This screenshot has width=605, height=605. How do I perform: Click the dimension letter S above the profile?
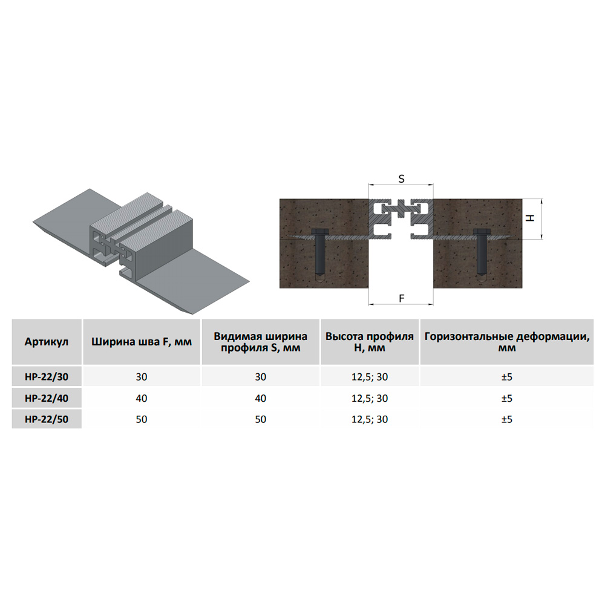click(401, 179)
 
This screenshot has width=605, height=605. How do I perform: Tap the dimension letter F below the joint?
click(401, 298)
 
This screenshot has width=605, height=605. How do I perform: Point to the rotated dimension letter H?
click(531, 218)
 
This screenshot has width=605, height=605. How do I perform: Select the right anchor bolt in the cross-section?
click(481, 255)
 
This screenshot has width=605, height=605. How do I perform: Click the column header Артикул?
click(47, 342)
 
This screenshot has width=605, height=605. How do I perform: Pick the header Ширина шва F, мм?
click(142, 342)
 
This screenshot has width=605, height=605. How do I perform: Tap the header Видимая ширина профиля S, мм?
click(260, 342)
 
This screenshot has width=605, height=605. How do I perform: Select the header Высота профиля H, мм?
click(369, 342)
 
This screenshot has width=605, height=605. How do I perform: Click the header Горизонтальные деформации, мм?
click(507, 342)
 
